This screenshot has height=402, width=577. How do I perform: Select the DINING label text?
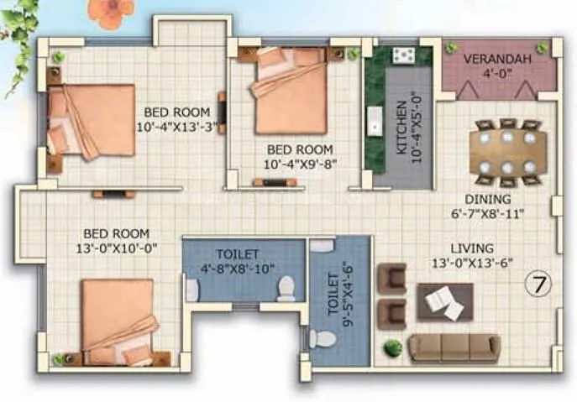pyautogui.click(x=493, y=200)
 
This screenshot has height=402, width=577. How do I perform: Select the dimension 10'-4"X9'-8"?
pyautogui.click(x=300, y=164)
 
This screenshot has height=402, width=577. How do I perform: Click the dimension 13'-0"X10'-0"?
pyautogui.click(x=116, y=248)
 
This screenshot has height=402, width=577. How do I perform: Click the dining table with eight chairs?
pyautogui.click(x=506, y=152)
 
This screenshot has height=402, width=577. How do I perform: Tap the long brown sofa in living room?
pyautogui.click(x=454, y=347)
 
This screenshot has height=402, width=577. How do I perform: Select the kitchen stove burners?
pyautogui.click(x=402, y=55)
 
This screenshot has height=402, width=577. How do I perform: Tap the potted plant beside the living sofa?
pyautogui.click(x=391, y=347)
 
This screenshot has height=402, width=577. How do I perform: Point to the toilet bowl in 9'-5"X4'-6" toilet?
pyautogui.click(x=320, y=339)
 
